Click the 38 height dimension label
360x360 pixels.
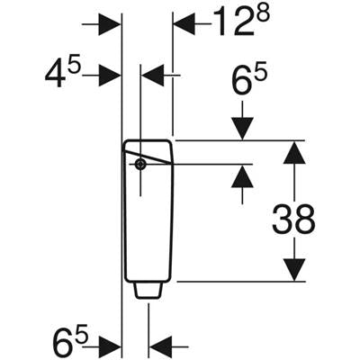[x=293, y=219]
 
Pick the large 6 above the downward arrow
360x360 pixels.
[x=242, y=80]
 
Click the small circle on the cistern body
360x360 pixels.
[x=140, y=164]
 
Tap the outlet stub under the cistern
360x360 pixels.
[x=148, y=291]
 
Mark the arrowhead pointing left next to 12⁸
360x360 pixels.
[x=184, y=23]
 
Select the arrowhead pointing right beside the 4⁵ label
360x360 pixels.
[x=110, y=76]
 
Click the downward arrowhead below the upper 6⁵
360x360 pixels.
[x=242, y=129]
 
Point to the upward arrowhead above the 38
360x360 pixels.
[x=294, y=153]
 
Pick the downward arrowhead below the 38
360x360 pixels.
[x=294, y=270]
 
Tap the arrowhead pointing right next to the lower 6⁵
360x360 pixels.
[x=110, y=346]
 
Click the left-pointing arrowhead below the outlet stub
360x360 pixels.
[x=160, y=346]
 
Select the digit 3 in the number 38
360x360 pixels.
[x=283, y=219]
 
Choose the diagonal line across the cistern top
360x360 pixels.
[x=148, y=156]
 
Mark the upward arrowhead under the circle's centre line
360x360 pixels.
[x=242, y=176]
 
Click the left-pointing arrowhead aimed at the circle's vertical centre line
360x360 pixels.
[x=152, y=76]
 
